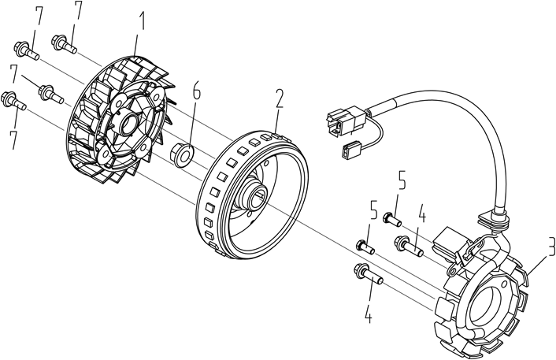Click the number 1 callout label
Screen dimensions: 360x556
coord(142,22)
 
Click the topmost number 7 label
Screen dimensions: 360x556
coord(77,10)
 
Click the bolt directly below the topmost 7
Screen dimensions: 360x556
coord(65,43)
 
